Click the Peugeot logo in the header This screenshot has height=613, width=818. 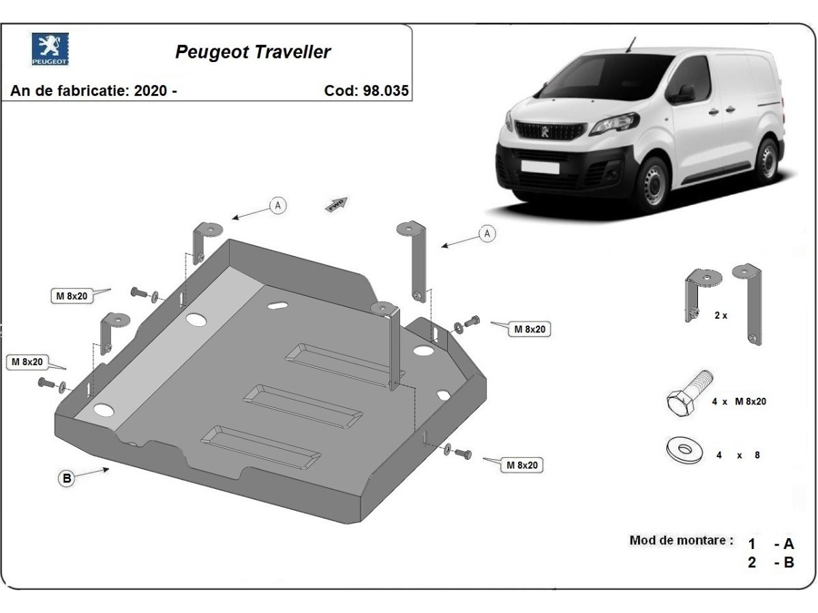(50, 49)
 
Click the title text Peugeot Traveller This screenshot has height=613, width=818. (253, 52)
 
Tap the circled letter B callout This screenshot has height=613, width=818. (67, 479)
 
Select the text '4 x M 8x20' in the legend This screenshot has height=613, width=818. (739, 402)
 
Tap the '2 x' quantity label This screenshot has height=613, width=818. (721, 316)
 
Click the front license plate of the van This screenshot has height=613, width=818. (539, 167)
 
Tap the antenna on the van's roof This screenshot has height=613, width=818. (631, 44)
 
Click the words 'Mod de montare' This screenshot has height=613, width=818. (682, 541)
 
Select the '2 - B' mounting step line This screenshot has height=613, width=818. (771, 563)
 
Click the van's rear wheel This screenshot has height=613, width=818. (768, 158)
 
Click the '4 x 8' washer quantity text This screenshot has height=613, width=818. (738, 456)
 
